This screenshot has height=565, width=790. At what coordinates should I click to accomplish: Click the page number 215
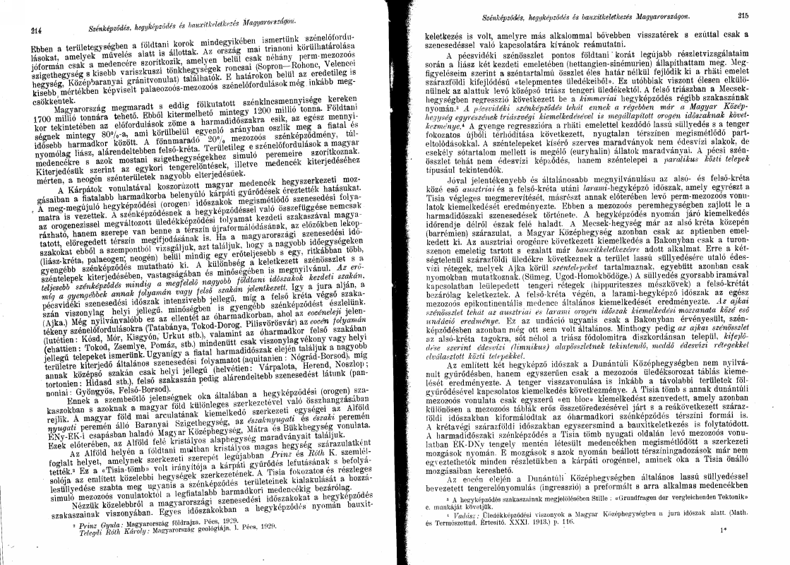pos(742,15)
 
